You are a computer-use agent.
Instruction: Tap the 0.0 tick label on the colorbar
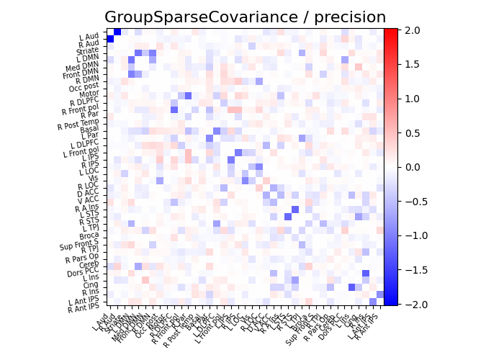410,167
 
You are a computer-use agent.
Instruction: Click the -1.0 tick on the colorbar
413,235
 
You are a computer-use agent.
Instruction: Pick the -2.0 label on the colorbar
413,305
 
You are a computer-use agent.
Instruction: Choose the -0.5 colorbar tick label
413,201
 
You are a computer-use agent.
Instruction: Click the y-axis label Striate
88,51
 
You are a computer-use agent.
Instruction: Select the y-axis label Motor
89,93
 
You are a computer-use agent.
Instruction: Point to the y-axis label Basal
89,129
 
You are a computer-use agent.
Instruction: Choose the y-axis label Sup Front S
80,245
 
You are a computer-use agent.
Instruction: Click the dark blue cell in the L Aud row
117,32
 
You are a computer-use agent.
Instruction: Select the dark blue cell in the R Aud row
110,39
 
